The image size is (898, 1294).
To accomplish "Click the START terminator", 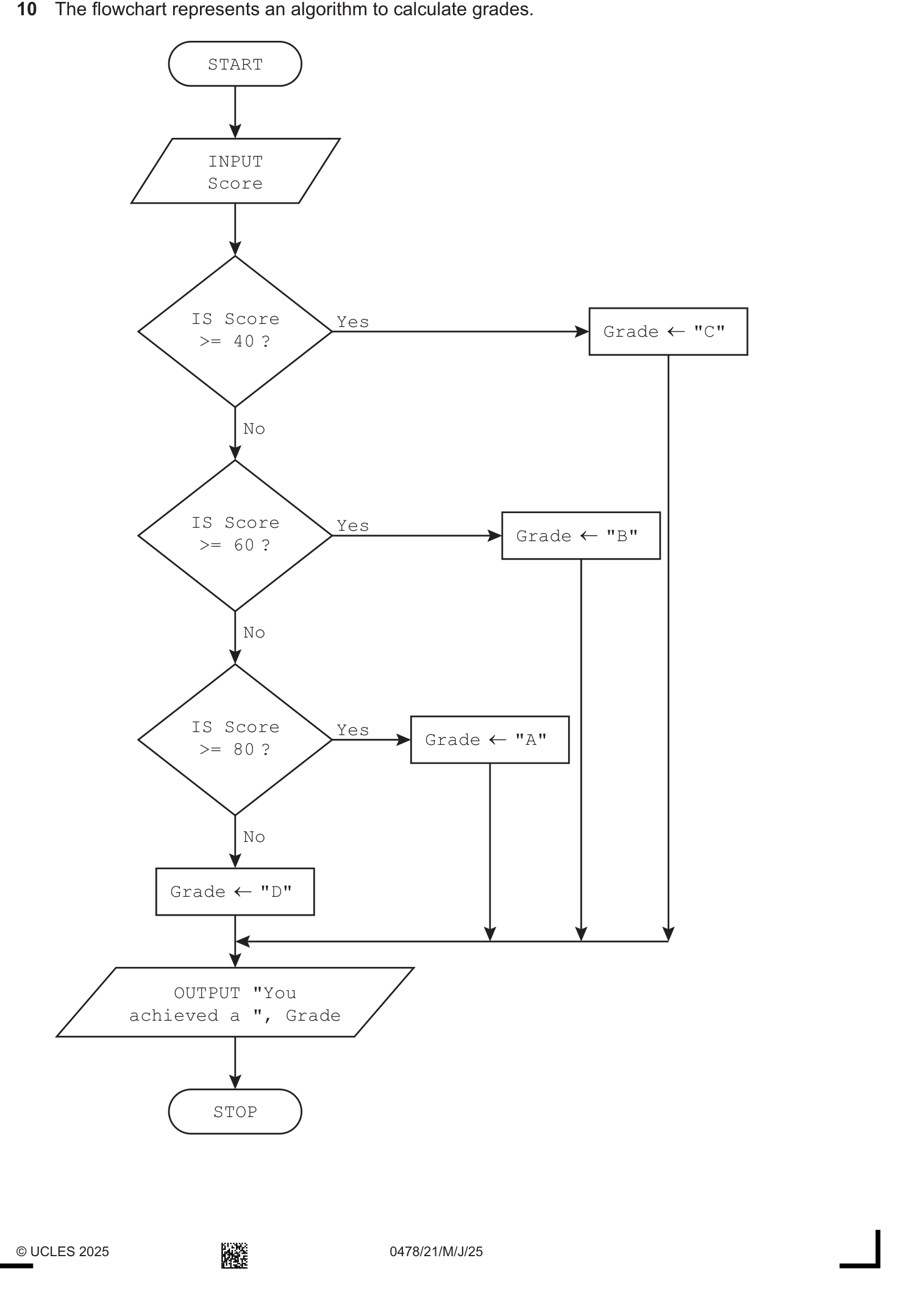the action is [235, 64].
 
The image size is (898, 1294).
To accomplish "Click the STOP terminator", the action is [235, 1112].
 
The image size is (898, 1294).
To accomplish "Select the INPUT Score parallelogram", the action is [235, 171].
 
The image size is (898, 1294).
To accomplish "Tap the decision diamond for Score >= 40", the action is [235, 331].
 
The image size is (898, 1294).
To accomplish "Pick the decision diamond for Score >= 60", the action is [235, 535].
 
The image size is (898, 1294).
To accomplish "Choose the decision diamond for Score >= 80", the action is [235, 739].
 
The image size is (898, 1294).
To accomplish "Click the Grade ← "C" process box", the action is [668, 331].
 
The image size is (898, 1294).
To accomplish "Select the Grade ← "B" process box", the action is [581, 536].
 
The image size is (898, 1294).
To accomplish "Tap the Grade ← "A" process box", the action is [490, 739].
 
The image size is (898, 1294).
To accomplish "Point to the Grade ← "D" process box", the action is [235, 891].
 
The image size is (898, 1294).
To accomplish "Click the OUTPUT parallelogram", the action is [235, 1002].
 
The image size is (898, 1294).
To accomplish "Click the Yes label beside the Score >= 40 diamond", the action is [353, 322].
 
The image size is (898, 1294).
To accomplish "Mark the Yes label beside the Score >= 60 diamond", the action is [353, 525].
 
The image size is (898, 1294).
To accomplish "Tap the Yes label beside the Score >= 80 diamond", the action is [353, 730].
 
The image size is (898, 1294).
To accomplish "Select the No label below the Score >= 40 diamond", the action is [254, 429].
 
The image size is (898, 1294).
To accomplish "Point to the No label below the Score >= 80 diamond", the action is [254, 836].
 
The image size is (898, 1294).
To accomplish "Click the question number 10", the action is [27, 10].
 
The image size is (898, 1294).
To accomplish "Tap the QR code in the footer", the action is [234, 1255].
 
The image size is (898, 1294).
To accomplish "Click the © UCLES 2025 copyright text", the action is [63, 1251].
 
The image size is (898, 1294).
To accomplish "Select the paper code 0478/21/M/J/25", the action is [436, 1251].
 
